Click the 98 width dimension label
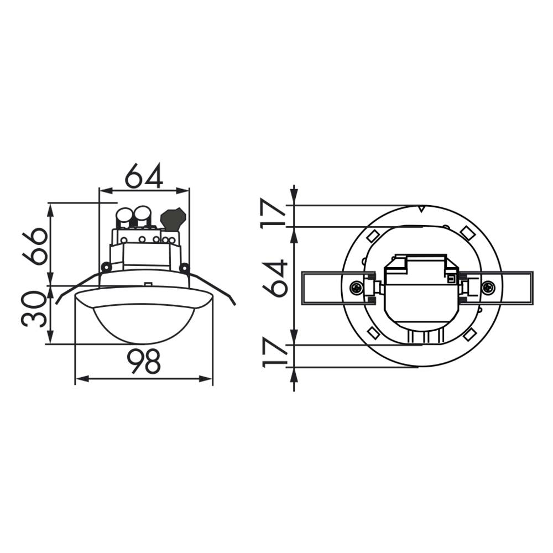(x=144, y=362)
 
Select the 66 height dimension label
(x=35, y=246)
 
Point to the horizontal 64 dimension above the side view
(x=144, y=176)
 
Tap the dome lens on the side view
(x=144, y=324)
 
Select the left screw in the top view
(x=356, y=288)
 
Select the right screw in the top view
(x=488, y=288)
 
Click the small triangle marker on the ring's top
(x=421, y=209)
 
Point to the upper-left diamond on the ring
(x=372, y=235)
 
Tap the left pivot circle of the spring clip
(x=106, y=268)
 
